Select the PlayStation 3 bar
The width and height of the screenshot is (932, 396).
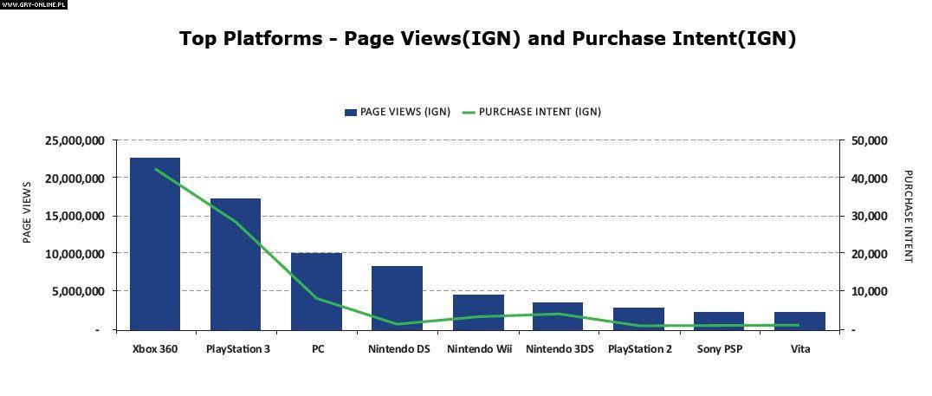(x=236, y=263)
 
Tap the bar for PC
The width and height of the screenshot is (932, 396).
(x=316, y=291)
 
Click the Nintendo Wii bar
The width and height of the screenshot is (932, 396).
(x=477, y=312)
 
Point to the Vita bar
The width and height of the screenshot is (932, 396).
(x=799, y=321)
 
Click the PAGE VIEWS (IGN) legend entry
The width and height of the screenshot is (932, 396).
(x=398, y=112)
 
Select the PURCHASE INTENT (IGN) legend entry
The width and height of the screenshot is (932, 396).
(x=532, y=112)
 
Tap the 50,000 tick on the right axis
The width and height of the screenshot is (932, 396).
(x=868, y=140)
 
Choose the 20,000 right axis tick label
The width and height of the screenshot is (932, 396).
(x=868, y=254)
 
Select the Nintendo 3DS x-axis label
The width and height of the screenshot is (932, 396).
(x=560, y=350)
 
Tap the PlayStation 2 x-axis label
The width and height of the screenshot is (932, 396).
(x=639, y=350)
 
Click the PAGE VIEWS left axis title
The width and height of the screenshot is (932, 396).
(x=27, y=211)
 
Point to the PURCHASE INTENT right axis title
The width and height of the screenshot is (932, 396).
(x=908, y=217)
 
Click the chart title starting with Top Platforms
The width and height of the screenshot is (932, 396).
(x=487, y=39)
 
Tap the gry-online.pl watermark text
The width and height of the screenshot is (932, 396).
(x=34, y=4)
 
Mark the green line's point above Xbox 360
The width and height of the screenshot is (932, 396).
(x=156, y=169)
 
